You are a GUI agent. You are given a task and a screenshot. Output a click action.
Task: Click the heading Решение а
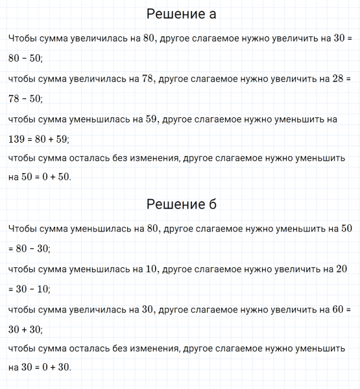181,14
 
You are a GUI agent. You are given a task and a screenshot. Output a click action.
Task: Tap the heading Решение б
181,205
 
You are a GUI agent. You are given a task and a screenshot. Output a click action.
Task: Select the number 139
18,139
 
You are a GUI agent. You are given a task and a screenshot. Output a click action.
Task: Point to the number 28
338,79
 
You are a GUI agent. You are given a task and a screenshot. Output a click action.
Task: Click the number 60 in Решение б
338,309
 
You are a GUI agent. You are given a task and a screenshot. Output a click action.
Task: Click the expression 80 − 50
25,58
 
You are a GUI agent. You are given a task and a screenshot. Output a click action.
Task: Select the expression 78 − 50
25,99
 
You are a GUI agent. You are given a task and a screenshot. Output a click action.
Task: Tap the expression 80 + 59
53,139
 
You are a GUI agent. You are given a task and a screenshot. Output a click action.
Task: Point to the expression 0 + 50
54,176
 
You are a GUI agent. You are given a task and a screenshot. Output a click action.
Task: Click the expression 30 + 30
25,329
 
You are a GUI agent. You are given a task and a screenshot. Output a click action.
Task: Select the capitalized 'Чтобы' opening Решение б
22,228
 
